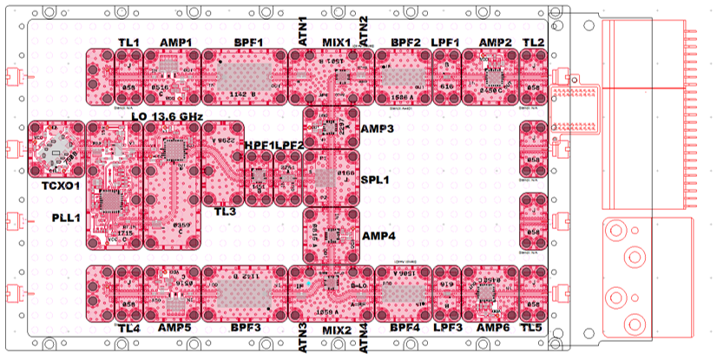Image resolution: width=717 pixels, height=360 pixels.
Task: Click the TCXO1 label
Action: tap(60, 185)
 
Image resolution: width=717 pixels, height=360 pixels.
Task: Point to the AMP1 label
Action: tap(176, 43)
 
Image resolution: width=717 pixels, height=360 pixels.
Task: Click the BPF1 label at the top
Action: tap(248, 43)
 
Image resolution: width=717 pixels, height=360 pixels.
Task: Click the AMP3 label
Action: tap(378, 128)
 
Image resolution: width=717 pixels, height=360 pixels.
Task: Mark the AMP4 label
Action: tap(378, 235)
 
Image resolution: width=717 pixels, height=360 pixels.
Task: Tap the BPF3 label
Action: tap(247, 329)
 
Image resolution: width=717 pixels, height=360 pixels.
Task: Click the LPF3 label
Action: tap(446, 329)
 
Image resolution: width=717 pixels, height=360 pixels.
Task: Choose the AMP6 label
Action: tap(493, 329)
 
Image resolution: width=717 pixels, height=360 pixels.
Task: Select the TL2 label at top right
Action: tap(535, 43)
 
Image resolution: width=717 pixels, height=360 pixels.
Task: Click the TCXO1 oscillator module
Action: tap(57, 150)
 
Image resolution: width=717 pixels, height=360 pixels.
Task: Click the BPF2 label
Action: tap(405, 43)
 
